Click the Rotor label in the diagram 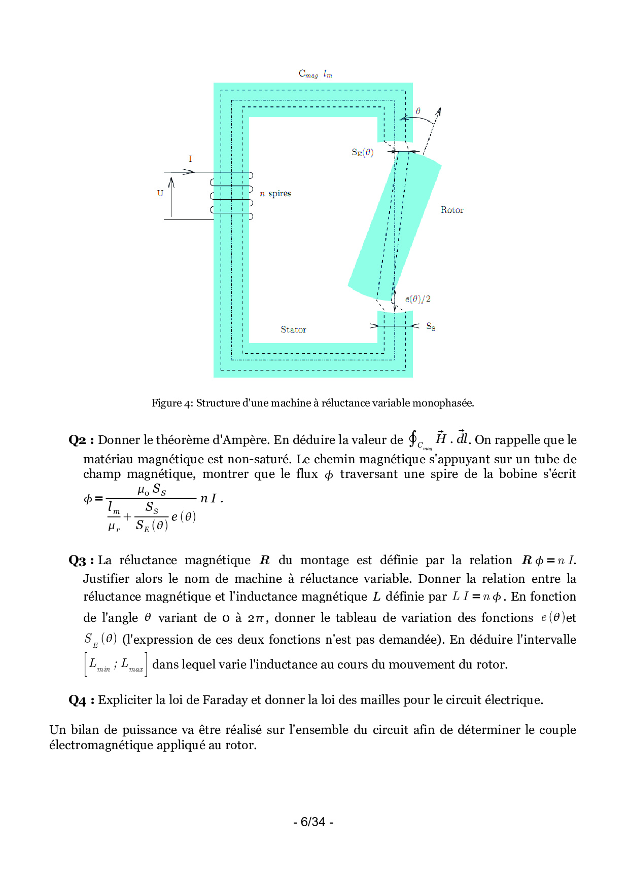point(451,210)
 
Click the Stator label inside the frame point(293,329)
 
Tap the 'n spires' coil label point(275,194)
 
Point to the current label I point(190,159)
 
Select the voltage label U point(160,193)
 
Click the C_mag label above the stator point(308,74)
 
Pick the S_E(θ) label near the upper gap point(362,153)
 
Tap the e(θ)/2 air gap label point(417,299)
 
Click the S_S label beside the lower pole point(431,327)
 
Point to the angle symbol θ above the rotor point(418,111)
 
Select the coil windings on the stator point(232,196)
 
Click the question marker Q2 point(78,440)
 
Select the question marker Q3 point(78,560)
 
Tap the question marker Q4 point(78,700)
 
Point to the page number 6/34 point(313,822)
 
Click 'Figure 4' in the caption point(172,403)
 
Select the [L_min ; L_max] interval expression point(116,664)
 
